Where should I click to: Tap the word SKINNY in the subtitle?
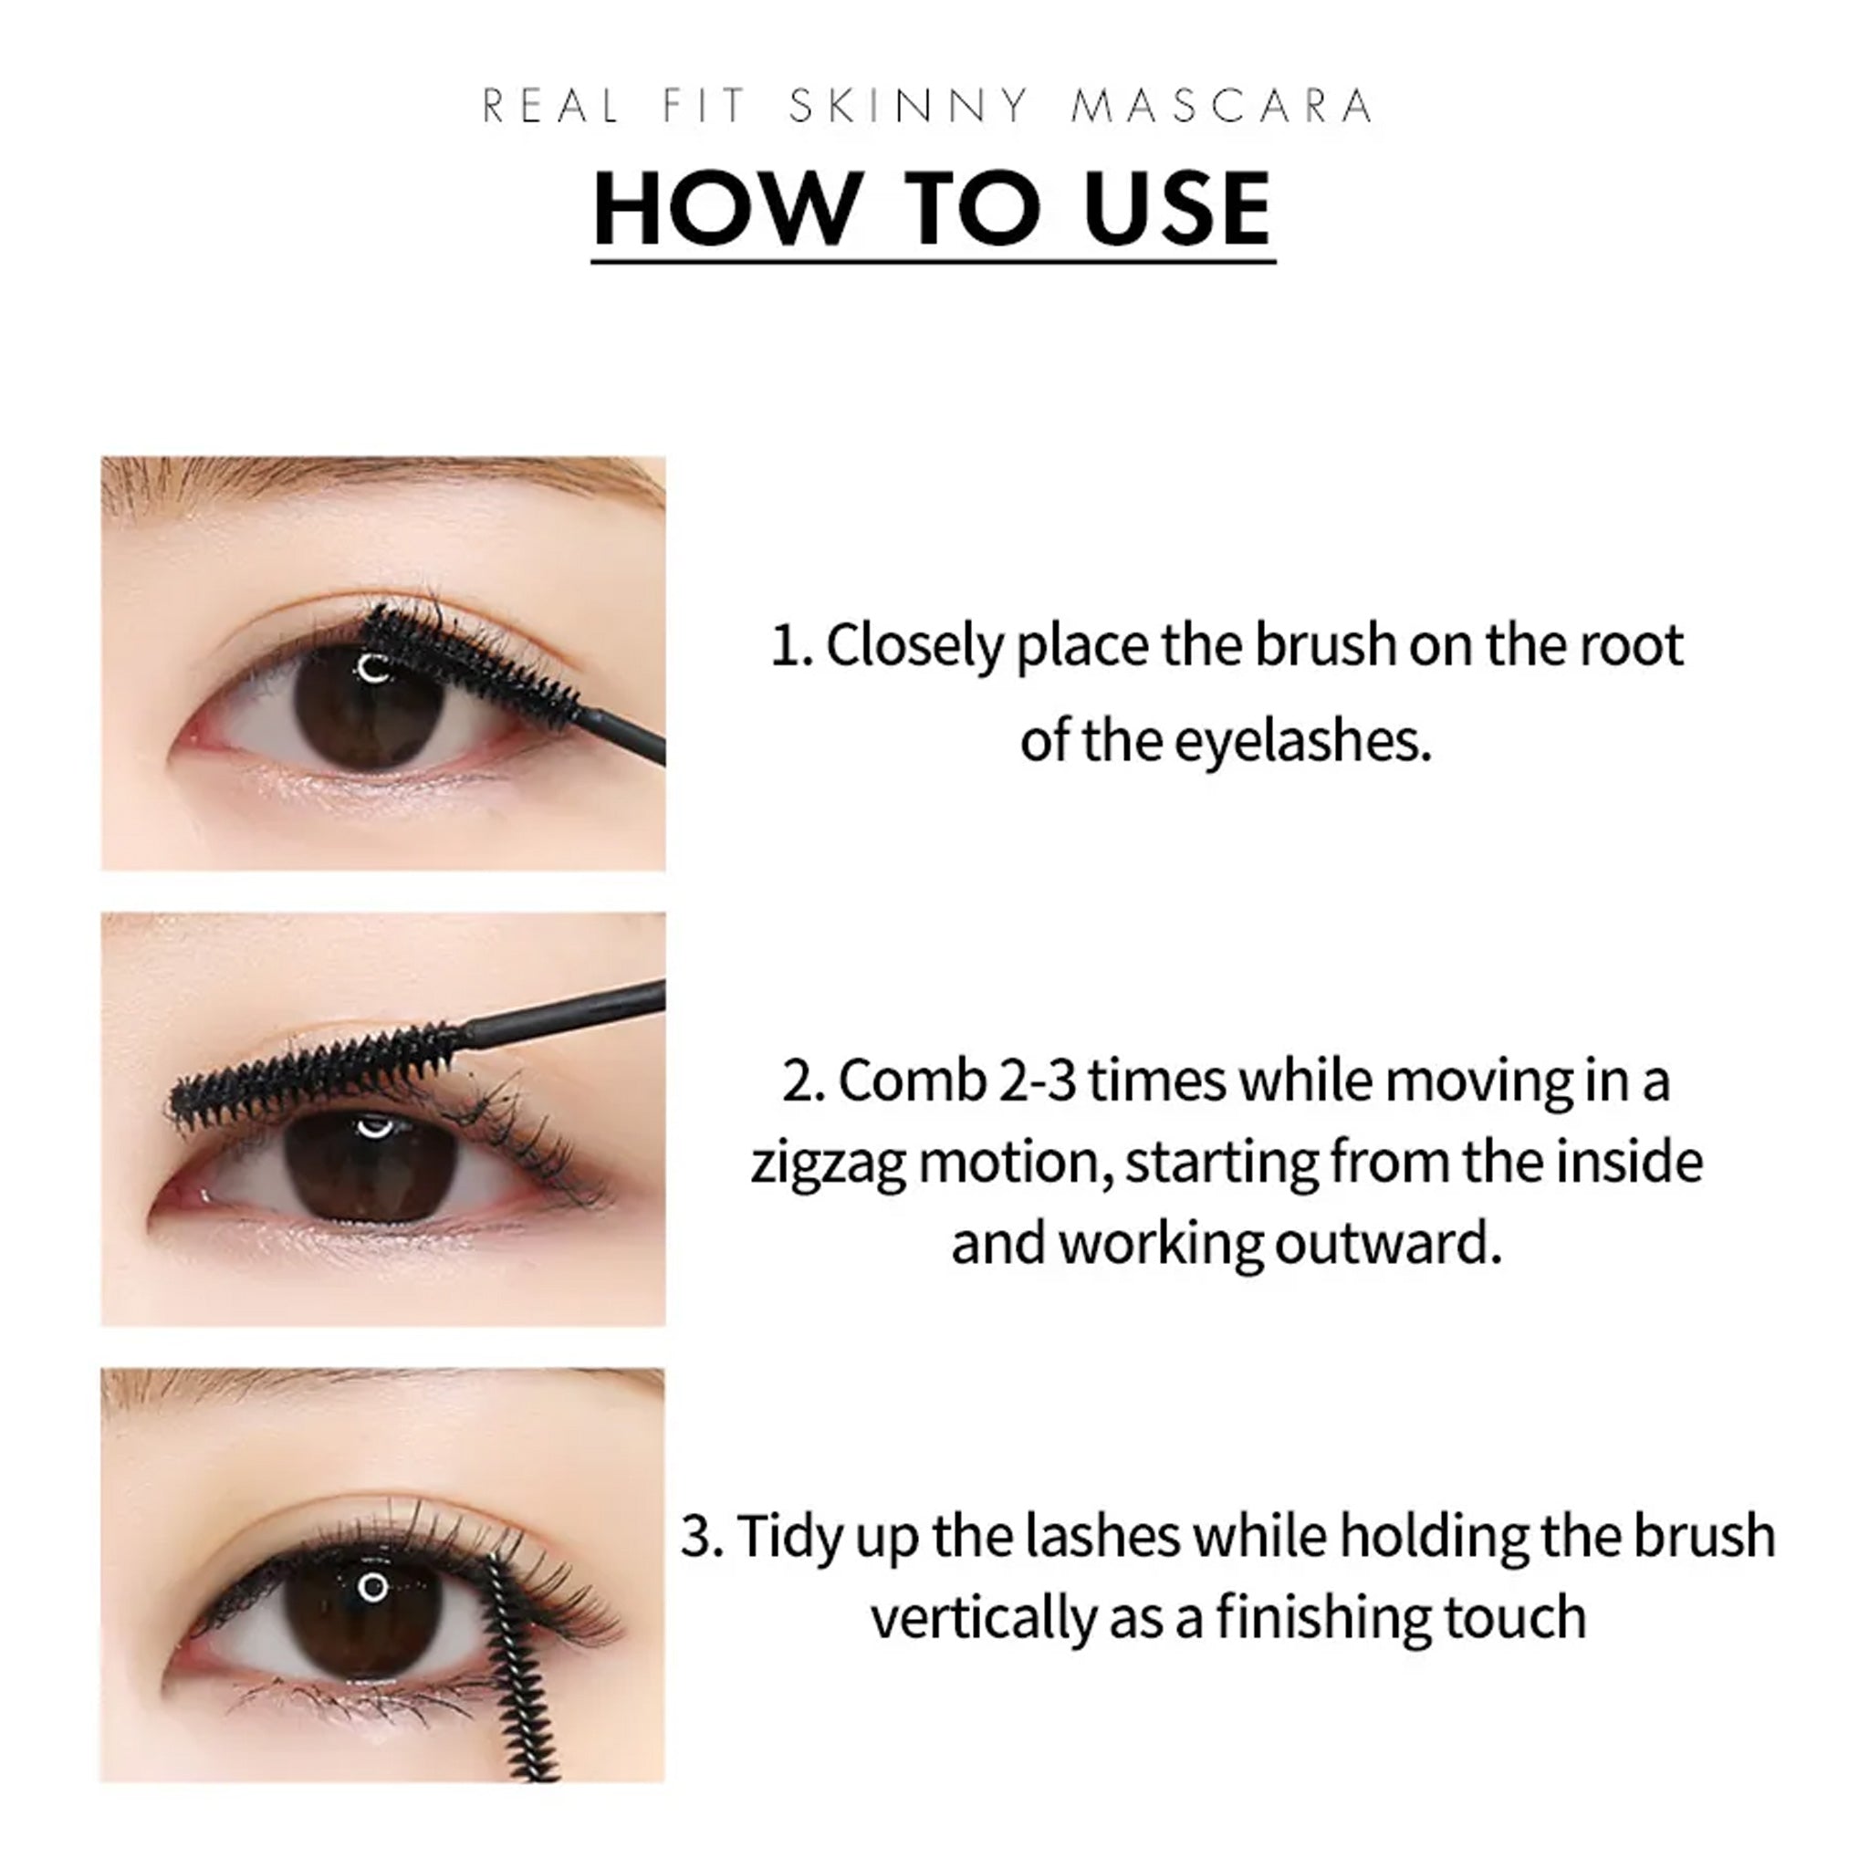909,106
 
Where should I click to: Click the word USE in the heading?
1177,209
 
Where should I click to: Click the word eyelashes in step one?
1302,742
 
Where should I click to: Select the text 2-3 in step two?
1037,1081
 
